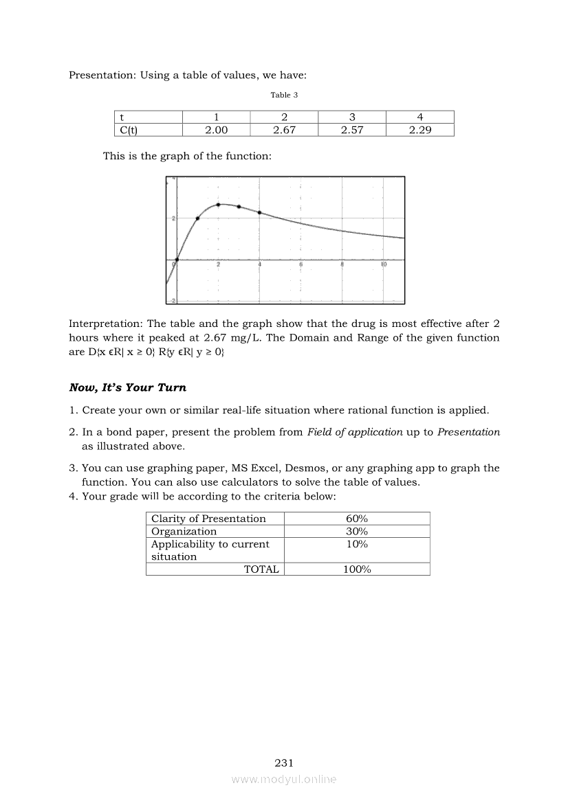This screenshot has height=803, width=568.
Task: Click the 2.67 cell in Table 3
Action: [x=284, y=130]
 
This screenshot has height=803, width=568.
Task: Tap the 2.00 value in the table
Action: [x=217, y=130]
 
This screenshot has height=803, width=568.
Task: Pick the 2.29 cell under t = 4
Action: [x=419, y=130]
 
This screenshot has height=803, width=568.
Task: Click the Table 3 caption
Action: [x=284, y=95]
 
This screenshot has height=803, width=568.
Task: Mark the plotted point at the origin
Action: [x=177, y=260]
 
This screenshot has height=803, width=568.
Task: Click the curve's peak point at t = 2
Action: [x=218, y=205]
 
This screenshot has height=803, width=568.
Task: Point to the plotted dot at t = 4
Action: [x=259, y=212]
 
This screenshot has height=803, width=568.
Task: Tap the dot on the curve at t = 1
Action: [x=197, y=218]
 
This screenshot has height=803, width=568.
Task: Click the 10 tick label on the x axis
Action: [x=383, y=264]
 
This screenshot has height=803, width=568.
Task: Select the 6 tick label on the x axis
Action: [x=301, y=264]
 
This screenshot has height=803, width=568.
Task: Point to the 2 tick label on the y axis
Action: [x=173, y=218]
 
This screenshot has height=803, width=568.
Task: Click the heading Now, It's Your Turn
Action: [x=127, y=387]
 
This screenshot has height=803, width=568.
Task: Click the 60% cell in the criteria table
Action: [x=356, y=519]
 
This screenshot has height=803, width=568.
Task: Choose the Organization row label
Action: [x=184, y=531]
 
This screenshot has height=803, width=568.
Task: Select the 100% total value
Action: [x=356, y=569]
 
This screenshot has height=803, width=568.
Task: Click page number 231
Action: [x=284, y=762]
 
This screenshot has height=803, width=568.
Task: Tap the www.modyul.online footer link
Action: [x=284, y=780]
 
